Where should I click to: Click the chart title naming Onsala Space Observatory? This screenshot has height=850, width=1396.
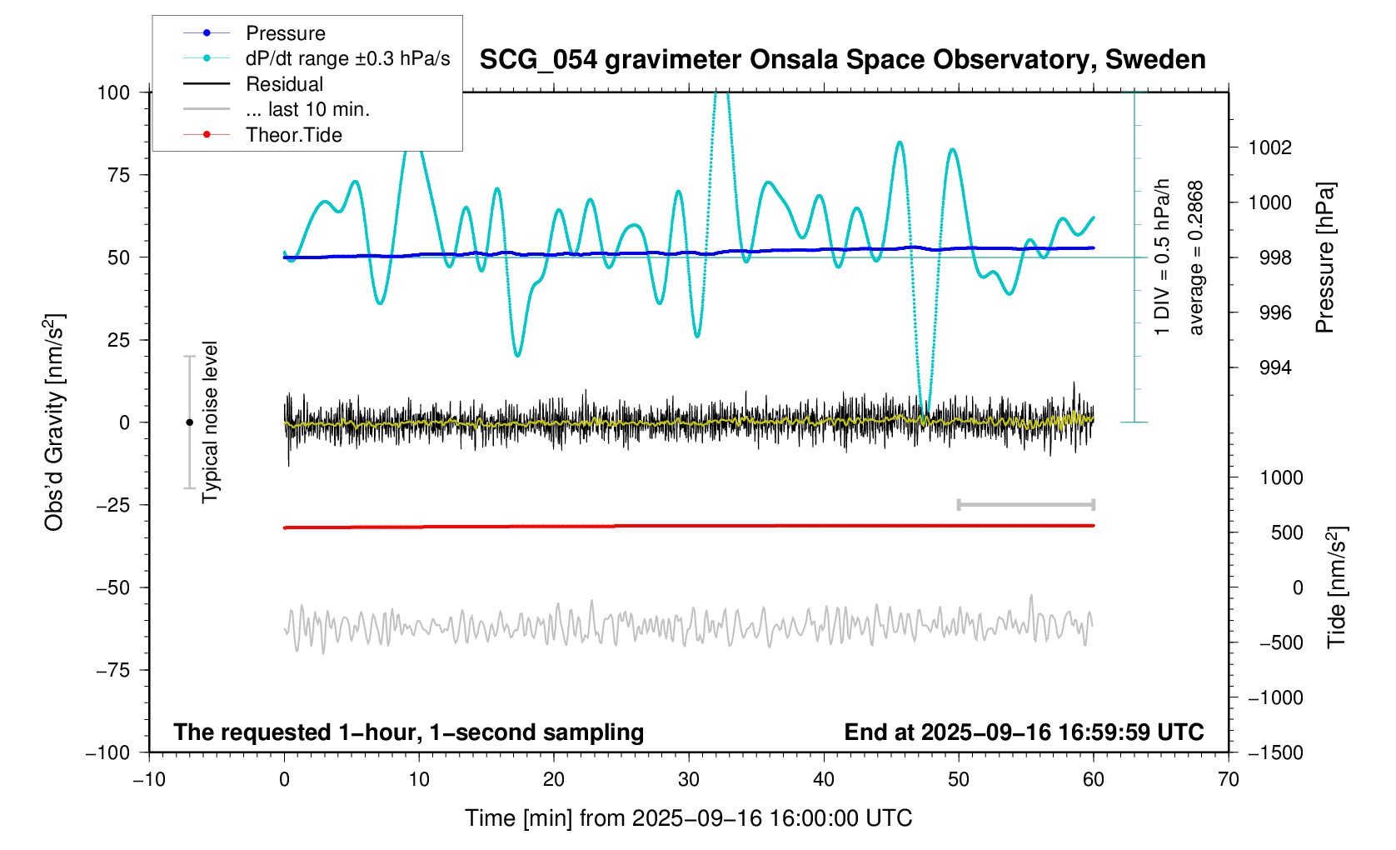coord(842,60)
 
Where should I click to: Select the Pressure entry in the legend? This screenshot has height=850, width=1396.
coord(285,33)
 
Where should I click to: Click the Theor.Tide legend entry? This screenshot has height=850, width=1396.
coord(293,135)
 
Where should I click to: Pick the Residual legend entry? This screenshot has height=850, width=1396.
coord(284,84)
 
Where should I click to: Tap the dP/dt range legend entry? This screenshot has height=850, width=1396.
coord(347,58)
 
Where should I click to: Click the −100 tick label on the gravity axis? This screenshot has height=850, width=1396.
coord(108,752)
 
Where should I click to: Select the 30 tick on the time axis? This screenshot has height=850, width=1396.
coord(689,780)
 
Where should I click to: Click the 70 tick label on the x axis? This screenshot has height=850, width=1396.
coord(1228,780)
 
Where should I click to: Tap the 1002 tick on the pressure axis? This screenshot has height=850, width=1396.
coord(1269,148)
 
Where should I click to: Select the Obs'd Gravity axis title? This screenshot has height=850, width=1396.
coord(55,422)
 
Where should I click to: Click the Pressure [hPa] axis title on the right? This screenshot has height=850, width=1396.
coord(1324,258)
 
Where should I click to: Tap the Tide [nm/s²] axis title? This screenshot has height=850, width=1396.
coord(1336,587)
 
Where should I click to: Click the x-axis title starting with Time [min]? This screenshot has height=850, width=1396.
coord(688,818)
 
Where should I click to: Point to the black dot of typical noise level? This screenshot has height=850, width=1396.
coord(189,422)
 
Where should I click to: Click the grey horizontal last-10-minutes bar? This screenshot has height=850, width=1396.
coord(1025,505)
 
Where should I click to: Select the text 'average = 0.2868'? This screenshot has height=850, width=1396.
coord(1196,258)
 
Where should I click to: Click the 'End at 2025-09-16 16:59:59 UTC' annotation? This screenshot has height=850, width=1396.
coord(1024,732)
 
